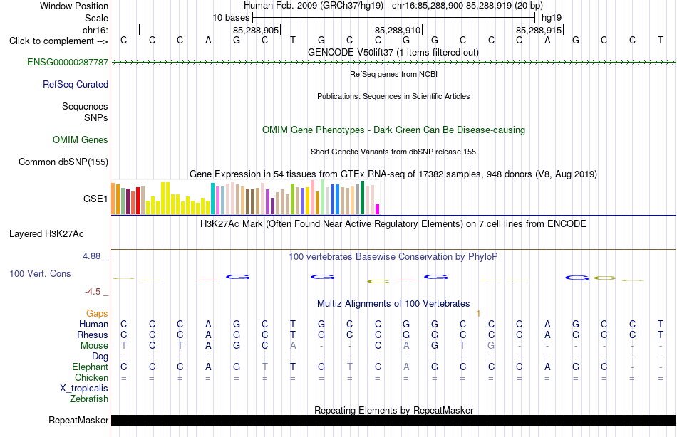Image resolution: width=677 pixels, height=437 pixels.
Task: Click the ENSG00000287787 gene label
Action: coord(68,62)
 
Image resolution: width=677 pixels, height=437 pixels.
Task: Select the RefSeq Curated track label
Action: coord(76,84)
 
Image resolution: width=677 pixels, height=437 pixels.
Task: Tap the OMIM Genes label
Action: coord(81,139)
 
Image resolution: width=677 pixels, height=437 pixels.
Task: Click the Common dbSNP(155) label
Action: coord(63,162)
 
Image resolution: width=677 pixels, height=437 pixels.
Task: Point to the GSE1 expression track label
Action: coord(95,199)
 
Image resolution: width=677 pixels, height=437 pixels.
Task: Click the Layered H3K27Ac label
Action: coord(46,234)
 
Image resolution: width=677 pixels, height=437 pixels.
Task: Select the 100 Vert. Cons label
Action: coord(40,273)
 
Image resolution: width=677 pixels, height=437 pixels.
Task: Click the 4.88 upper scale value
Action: coord(91,256)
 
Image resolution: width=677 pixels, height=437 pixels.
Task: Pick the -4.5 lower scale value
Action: coord(93,292)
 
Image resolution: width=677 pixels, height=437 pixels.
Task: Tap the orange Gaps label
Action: coord(97,314)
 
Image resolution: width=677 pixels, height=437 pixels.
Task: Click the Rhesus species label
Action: coord(93,335)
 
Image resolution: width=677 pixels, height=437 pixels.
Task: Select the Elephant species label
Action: coord(91,367)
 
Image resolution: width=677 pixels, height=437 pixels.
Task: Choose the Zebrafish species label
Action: coord(89,399)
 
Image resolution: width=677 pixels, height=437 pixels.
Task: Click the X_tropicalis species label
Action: coord(84,389)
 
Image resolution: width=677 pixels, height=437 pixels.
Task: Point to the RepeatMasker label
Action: coord(78,420)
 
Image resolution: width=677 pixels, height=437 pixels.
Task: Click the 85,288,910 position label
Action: coord(397,30)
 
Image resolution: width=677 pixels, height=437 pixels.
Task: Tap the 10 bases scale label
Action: coord(231,18)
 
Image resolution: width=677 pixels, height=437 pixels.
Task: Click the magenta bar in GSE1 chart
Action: coord(378,209)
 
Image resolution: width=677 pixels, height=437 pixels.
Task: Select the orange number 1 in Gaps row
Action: coord(478,314)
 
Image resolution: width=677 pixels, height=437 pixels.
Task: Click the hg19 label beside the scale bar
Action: coord(552,18)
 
